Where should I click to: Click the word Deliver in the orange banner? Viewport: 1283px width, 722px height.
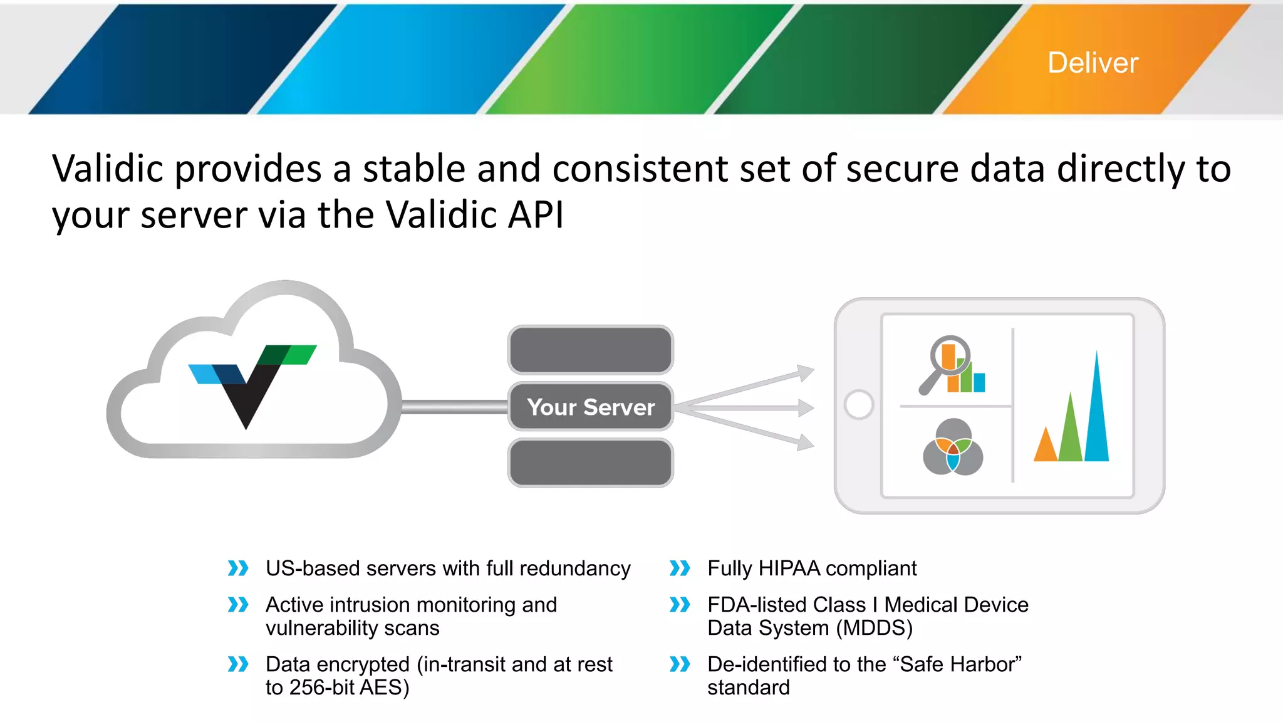point(1093,63)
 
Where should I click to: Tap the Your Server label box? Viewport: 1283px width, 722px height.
point(591,407)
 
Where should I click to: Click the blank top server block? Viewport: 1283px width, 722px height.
point(591,350)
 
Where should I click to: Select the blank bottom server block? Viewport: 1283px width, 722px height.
point(591,463)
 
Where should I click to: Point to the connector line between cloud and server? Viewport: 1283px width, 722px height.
point(454,407)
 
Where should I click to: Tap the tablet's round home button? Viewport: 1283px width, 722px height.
point(859,405)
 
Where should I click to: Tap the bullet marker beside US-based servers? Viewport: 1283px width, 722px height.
point(238,568)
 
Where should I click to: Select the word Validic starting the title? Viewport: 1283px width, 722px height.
point(107,169)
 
